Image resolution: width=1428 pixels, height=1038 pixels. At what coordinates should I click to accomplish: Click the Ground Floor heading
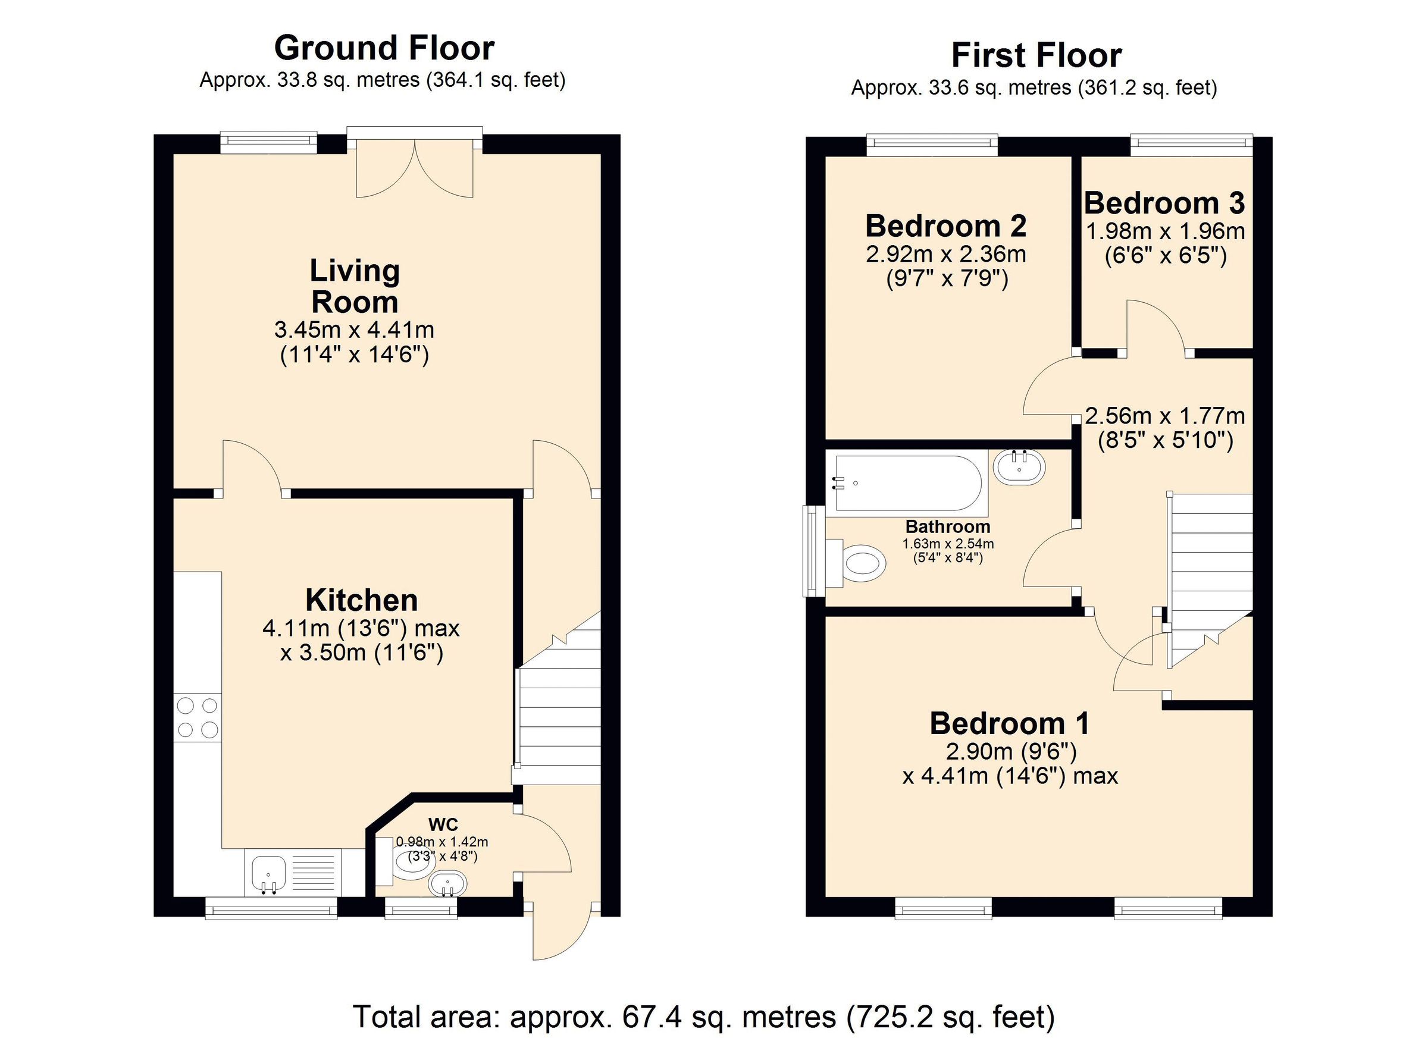point(384,48)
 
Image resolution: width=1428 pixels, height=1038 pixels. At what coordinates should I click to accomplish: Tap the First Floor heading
point(1036,55)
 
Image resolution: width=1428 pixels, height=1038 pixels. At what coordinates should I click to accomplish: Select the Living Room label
point(355,286)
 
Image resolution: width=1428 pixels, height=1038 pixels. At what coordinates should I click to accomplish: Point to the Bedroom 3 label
point(1164,203)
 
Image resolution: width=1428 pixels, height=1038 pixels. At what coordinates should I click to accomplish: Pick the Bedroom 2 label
point(945,226)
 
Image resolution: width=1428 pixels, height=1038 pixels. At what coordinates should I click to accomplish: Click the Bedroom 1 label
point(1009,723)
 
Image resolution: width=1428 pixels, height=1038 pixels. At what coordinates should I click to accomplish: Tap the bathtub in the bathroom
point(907,483)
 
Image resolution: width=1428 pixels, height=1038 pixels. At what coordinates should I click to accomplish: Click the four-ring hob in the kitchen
point(198,717)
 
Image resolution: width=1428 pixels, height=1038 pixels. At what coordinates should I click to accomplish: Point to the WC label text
point(443,824)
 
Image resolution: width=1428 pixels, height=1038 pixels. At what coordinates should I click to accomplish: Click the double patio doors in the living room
point(414,167)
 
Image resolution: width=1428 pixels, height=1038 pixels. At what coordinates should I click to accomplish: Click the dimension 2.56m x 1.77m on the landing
point(1165,416)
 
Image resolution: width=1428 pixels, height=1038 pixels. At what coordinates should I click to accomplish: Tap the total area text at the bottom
point(703,1016)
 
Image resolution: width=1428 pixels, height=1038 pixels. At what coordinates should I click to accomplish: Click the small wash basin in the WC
point(447,885)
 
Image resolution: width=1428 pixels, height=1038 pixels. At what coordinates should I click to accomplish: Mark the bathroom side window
point(811,550)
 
